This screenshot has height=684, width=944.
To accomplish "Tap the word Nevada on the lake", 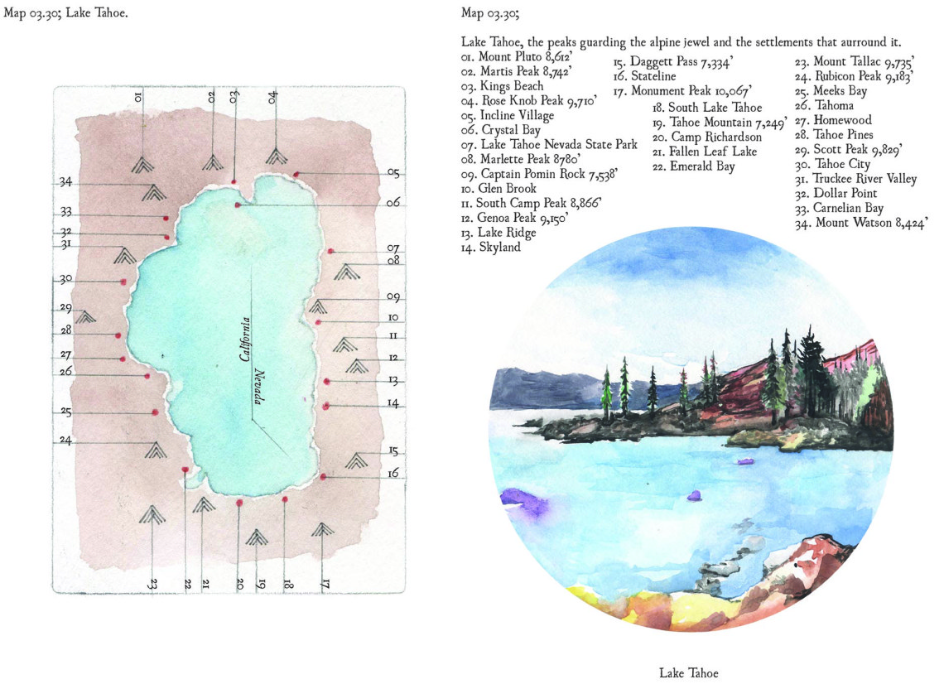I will pos(258,387).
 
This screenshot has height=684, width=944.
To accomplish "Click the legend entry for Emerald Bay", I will pos(691,166).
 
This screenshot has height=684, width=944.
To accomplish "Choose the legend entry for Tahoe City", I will pos(831,165).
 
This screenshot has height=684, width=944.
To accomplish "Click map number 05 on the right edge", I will pos(393,173).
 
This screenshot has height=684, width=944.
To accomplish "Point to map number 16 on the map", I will pos(393,474).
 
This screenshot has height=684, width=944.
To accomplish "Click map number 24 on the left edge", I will pos(65,441).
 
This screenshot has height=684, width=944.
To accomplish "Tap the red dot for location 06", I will pos(238,205).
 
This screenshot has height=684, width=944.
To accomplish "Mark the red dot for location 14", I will pos(327,406).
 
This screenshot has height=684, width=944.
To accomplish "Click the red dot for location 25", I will pos(155,412).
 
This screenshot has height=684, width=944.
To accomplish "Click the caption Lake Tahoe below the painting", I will pos(689,673).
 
